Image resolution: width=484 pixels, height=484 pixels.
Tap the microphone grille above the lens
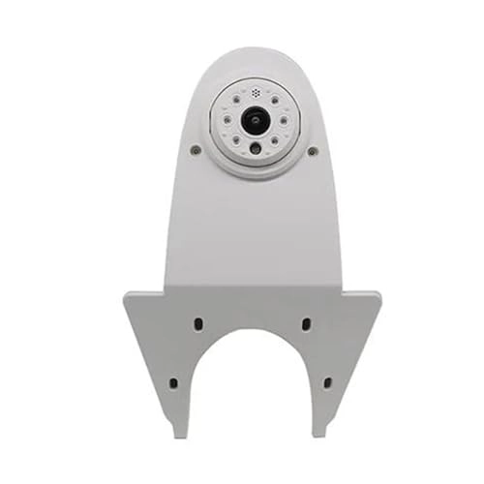256,94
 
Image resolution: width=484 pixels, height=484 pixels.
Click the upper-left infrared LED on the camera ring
236,100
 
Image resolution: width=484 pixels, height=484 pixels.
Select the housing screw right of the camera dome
312,151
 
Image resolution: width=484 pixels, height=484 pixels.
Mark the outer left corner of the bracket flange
124,294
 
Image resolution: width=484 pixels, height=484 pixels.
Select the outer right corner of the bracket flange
380,294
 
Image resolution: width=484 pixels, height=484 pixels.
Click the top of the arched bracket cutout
253,331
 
